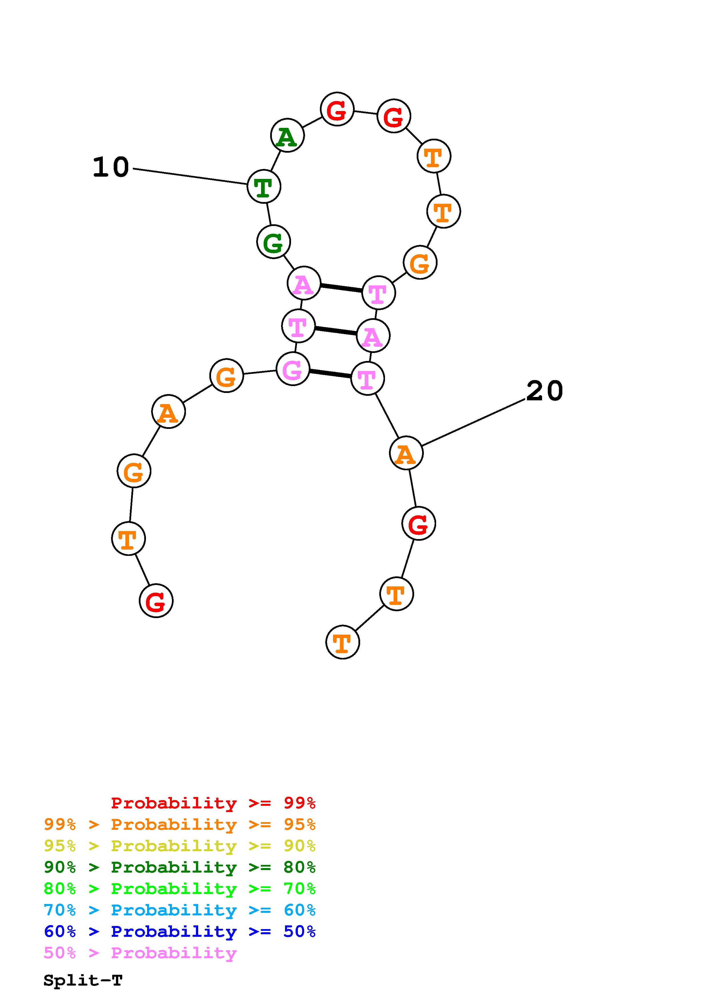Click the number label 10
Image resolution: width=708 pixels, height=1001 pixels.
coord(111,167)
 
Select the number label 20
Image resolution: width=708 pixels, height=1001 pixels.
coord(544,391)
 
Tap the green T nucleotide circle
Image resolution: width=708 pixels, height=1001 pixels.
coord(264,187)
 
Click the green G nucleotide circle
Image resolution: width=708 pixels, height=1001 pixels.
coord(274,242)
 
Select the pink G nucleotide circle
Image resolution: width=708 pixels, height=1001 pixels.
coord(293,369)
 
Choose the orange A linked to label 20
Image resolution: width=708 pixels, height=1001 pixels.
coord(406,453)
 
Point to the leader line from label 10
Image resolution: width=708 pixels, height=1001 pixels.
coord(190,177)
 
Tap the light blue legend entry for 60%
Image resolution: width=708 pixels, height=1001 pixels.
coord(180,910)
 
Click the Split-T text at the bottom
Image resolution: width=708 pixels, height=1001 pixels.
coord(83,980)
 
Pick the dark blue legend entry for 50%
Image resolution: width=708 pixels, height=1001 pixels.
coord(180,931)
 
